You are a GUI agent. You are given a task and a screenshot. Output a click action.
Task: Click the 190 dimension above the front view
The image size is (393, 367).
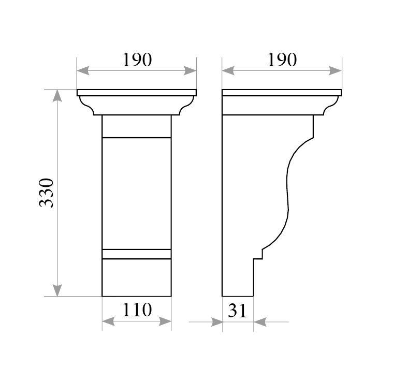coord(137,60)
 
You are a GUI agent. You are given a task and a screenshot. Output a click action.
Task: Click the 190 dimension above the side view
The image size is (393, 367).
coord(282,60)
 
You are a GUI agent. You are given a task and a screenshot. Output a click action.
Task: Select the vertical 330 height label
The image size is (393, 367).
coord(47,193)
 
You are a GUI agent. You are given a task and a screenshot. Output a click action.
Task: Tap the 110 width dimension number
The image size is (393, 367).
coord(137,310)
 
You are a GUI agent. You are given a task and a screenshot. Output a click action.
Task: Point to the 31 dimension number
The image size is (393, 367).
coord(237,311)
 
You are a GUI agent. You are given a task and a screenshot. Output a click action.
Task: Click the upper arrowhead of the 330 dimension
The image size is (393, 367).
coord(57,95)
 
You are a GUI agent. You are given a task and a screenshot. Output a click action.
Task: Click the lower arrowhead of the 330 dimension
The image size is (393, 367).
coord(57,290)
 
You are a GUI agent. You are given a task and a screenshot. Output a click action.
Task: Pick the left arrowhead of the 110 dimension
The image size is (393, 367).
coord(108,321)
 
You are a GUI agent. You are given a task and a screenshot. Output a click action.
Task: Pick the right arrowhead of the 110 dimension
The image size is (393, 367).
coord(165,321)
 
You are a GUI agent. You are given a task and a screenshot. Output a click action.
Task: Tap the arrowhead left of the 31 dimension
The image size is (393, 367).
coord(216,322)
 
